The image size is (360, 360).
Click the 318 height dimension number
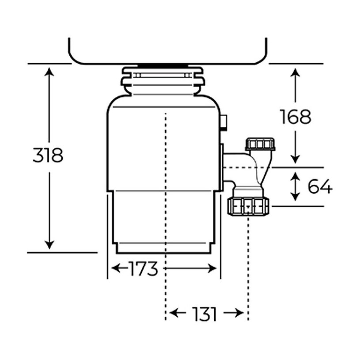[48, 155]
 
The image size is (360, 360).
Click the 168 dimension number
[296, 117]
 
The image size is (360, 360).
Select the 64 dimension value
[319, 187]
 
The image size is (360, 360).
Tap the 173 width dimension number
[143, 269]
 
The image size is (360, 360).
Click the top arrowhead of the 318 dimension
[49, 71]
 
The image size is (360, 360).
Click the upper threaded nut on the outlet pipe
[260, 144]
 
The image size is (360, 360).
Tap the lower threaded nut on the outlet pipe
[249, 206]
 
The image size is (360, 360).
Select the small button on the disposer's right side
[224, 121]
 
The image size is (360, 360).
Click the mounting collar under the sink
[164, 80]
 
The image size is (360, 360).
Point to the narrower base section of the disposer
[163, 221]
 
